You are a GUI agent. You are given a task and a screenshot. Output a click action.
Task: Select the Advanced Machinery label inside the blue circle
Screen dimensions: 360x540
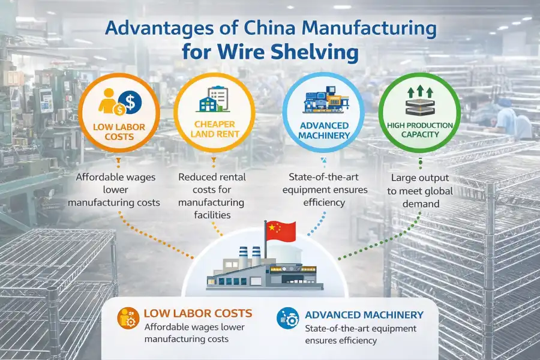tap(324, 130)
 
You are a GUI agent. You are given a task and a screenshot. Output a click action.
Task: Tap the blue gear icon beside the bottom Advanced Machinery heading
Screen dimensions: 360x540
tap(286, 319)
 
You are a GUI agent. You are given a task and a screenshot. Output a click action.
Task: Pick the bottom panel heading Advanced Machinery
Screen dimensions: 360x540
tap(364, 314)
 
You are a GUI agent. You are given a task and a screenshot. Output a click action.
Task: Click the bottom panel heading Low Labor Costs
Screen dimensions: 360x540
tap(198, 313)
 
